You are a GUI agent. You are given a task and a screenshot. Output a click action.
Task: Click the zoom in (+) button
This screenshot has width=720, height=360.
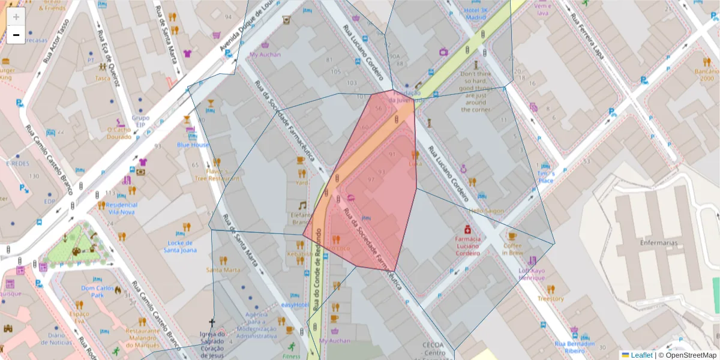16,17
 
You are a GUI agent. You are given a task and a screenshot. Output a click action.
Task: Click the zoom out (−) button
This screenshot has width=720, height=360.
16,35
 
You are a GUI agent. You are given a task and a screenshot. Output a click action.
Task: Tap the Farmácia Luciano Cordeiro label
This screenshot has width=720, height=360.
467,246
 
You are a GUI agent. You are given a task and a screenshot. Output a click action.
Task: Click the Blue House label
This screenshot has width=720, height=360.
193,145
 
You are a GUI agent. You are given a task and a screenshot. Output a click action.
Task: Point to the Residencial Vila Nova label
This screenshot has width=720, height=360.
122,208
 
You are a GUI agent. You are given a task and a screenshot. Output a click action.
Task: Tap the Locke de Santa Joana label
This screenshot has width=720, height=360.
180,246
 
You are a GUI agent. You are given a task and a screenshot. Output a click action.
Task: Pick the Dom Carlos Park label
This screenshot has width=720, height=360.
97,291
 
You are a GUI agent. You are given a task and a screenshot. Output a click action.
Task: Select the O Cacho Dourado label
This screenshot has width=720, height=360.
119,133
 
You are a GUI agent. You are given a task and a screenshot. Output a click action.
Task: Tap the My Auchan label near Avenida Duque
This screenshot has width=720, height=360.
265,55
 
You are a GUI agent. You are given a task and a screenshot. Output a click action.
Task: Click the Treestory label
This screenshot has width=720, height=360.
550,298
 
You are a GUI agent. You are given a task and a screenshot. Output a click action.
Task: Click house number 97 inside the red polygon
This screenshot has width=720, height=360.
371,179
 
